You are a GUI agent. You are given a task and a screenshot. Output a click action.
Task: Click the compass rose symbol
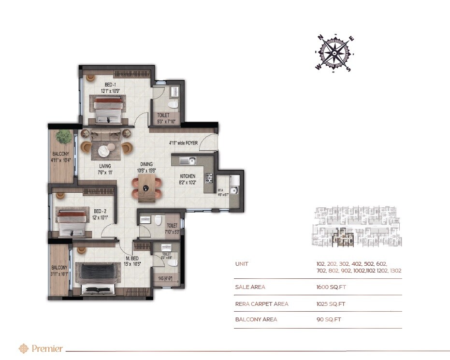click(x=334, y=54)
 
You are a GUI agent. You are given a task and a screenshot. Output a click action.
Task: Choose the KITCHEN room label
click(x=188, y=176)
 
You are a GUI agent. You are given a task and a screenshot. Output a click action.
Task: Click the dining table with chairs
click(x=147, y=187)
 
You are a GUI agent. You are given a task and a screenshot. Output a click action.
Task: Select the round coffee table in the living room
click(x=105, y=151)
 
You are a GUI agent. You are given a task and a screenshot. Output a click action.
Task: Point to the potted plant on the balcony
click(x=63, y=137)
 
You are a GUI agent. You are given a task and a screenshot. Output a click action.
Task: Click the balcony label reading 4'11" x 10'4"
click(x=61, y=158)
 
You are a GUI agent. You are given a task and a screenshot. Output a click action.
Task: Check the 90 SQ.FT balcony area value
click(x=328, y=320)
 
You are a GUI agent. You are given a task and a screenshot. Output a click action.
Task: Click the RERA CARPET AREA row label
click(x=261, y=304)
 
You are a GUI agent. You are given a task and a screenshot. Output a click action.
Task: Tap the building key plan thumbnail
click(x=357, y=227)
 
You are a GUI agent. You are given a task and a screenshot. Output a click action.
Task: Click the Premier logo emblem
click(x=23, y=348)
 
